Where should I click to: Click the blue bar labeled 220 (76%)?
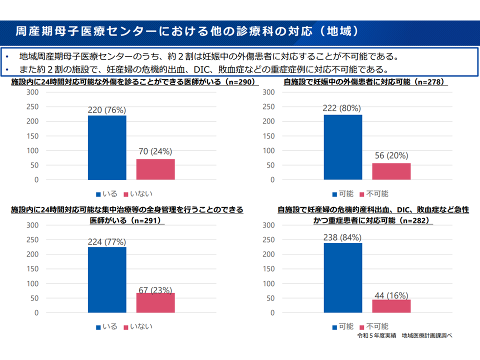[x=107, y=147]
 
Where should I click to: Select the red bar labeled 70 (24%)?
[x=155, y=169]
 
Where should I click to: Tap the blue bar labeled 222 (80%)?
[x=343, y=147]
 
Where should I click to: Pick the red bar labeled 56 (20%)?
[x=391, y=171]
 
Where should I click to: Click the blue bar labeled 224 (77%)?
[x=107, y=279]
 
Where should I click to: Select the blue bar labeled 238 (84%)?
[x=343, y=277]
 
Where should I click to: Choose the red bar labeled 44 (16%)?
[x=391, y=306]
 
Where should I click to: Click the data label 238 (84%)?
[x=342, y=238]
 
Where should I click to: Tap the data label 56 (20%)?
[x=391, y=155]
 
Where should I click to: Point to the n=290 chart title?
[x=133, y=82]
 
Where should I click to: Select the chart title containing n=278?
[x=364, y=82]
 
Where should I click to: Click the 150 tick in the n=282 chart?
[x=268, y=269]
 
